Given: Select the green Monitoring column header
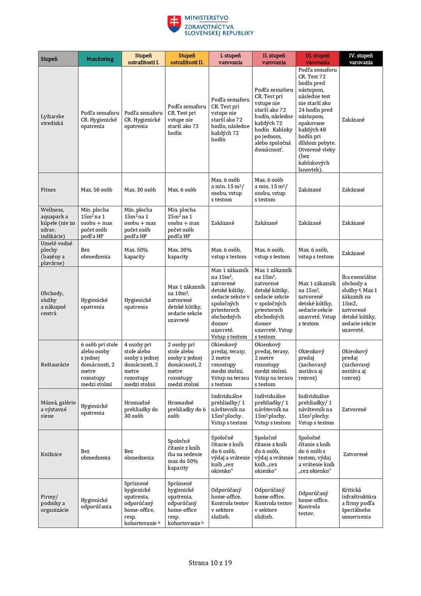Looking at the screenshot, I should click(x=100, y=59).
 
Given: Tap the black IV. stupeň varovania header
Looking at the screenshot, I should click(x=361, y=59).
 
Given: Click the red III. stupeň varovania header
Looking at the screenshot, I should click(x=317, y=59).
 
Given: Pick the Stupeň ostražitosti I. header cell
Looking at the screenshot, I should click(x=143, y=59).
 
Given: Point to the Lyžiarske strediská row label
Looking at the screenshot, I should click(x=52, y=120).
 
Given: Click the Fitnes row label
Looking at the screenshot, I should click(x=48, y=190).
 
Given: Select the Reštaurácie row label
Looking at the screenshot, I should click(x=55, y=365).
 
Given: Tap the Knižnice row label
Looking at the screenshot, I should click(x=51, y=454).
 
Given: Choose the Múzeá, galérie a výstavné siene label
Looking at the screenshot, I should click(x=58, y=409).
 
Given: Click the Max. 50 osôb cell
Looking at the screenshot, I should click(x=96, y=190).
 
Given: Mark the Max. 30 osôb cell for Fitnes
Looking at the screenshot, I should click(x=140, y=190).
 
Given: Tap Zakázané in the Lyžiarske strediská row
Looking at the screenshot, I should click(x=353, y=120).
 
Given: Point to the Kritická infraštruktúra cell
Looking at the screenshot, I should click(x=359, y=503).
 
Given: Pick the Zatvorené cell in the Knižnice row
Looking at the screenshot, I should click(x=355, y=454).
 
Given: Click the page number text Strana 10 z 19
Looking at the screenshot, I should click(x=210, y=563).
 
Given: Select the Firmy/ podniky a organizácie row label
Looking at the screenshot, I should click(x=55, y=503).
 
